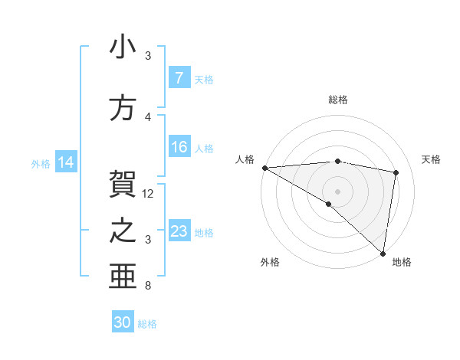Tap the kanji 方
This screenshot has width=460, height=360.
(123, 106)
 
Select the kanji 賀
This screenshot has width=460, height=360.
(123, 183)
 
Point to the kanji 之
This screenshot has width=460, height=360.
(123, 230)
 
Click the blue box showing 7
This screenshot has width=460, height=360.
(179, 78)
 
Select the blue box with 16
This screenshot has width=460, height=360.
(179, 148)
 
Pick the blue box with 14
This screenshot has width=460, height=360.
(66, 162)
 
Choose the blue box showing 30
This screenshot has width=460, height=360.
(123, 322)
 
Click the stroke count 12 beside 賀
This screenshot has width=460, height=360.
(149, 193)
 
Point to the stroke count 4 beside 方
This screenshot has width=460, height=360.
(148, 116)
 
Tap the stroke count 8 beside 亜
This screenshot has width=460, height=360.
(148, 286)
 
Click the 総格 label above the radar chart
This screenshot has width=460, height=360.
(337, 100)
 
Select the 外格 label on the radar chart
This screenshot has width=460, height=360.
(269, 262)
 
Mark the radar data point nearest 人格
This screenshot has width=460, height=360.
(264, 168)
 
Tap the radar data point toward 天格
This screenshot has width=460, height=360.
(396, 172)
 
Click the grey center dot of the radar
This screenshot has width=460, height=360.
(337, 190)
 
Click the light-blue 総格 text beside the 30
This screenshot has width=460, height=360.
(147, 324)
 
